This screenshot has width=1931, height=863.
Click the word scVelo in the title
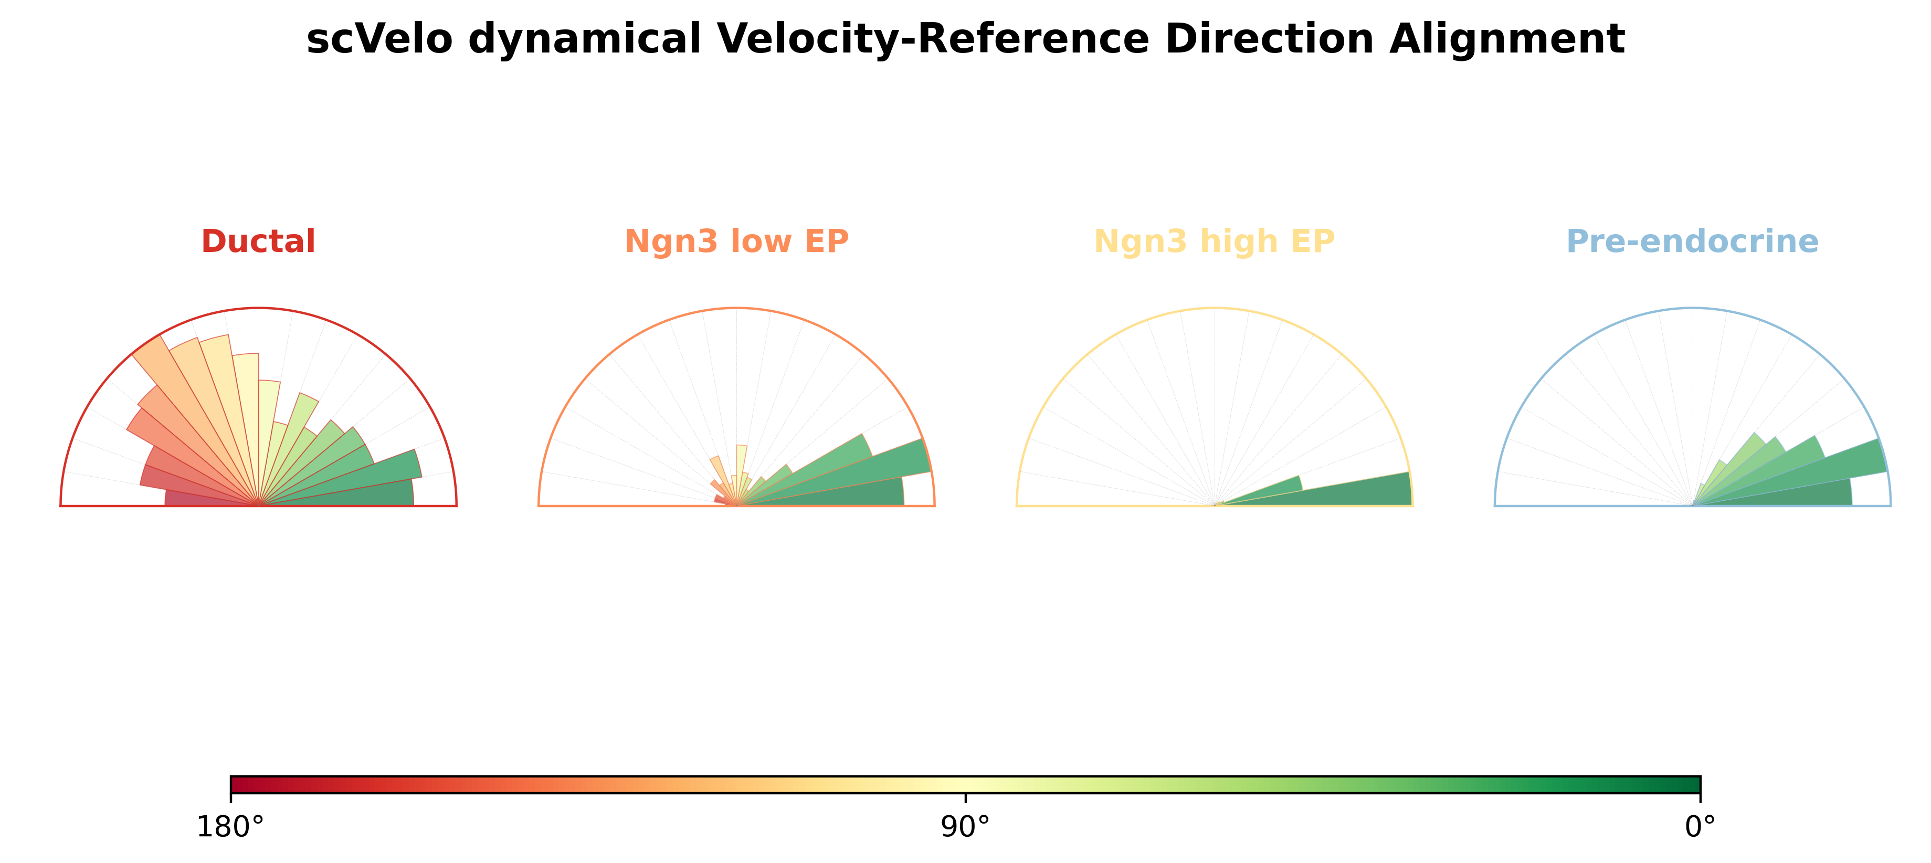coord(379,39)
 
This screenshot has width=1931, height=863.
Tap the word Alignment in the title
coord(1507,39)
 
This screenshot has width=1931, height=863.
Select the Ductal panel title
coord(259,241)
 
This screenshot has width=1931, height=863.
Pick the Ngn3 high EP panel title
coord(1215,241)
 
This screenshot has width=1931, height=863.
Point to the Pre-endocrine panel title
coord(1693,241)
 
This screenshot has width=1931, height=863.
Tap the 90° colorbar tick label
coord(966,827)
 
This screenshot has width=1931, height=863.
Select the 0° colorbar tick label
coord(1700,827)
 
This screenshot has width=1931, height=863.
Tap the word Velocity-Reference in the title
coord(921,39)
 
